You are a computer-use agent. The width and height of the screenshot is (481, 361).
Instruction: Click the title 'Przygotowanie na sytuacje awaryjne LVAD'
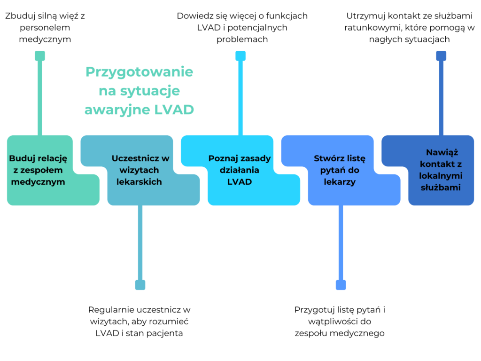(x=139, y=91)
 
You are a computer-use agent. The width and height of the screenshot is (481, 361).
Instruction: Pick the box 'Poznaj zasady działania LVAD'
(x=240, y=170)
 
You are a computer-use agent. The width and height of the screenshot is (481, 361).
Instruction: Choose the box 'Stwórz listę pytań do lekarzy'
(x=340, y=170)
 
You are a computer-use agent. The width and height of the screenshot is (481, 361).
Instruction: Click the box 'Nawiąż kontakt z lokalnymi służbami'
(x=441, y=170)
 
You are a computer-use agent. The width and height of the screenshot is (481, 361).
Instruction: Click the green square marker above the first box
(x=40, y=56)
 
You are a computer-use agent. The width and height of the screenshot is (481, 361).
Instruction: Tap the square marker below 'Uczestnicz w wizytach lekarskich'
(x=140, y=285)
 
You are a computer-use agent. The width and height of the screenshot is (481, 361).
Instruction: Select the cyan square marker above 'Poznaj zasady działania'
(x=240, y=56)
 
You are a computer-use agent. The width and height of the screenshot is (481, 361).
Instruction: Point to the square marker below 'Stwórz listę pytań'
(x=341, y=285)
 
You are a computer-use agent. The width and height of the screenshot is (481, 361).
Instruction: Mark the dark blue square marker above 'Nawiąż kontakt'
(x=441, y=56)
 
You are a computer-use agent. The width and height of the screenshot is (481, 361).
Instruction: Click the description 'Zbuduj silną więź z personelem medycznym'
(x=45, y=27)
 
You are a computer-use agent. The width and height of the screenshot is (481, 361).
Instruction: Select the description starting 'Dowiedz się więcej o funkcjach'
(x=242, y=27)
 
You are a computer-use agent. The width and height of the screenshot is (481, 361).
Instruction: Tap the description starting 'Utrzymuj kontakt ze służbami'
(x=410, y=27)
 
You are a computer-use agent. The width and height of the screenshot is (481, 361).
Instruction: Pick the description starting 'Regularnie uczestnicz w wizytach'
(x=139, y=322)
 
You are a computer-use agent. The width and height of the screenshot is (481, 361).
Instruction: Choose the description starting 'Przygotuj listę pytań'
(x=340, y=322)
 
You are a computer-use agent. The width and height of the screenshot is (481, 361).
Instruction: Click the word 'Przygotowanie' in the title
(x=139, y=72)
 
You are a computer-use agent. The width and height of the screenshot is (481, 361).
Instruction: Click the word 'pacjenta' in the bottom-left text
(x=167, y=333)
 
